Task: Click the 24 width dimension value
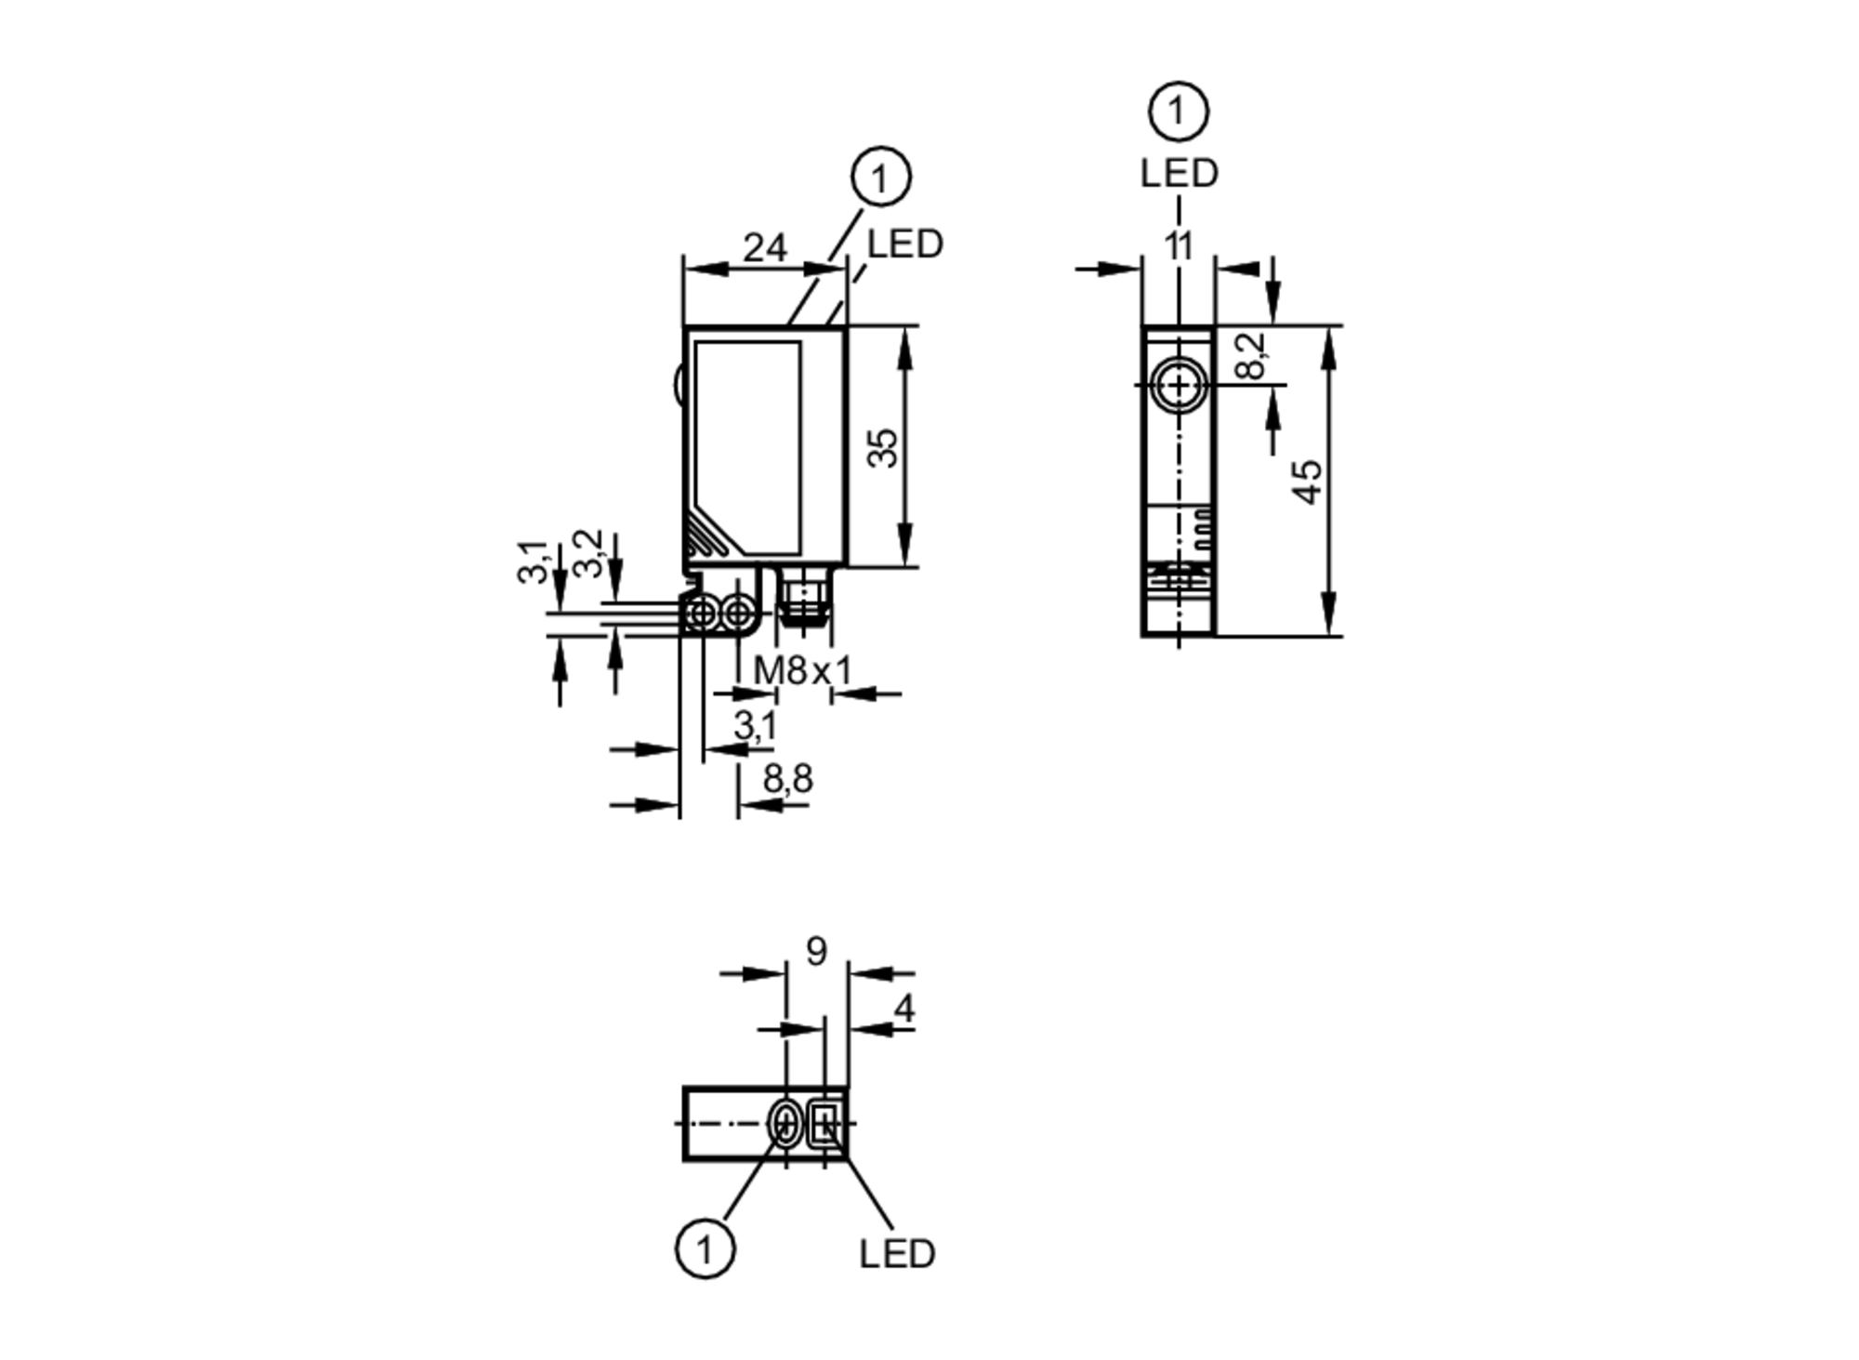click(x=765, y=248)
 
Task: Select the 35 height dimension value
click(x=883, y=447)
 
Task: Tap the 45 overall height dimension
click(x=1307, y=482)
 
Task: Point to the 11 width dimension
click(x=1178, y=247)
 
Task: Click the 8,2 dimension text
click(x=1253, y=356)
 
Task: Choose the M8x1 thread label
click(x=802, y=670)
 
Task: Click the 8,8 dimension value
click(x=787, y=779)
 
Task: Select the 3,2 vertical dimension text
click(x=588, y=553)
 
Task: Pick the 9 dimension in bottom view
click(x=815, y=951)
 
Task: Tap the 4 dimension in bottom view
click(x=903, y=1009)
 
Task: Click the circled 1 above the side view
click(x=1178, y=112)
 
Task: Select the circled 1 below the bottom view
click(x=705, y=1249)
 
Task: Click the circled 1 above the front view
click(x=879, y=177)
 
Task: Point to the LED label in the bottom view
click(x=896, y=1254)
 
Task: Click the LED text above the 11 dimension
click(x=1179, y=174)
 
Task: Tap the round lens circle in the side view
click(x=1179, y=385)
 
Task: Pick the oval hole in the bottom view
click(x=785, y=1124)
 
